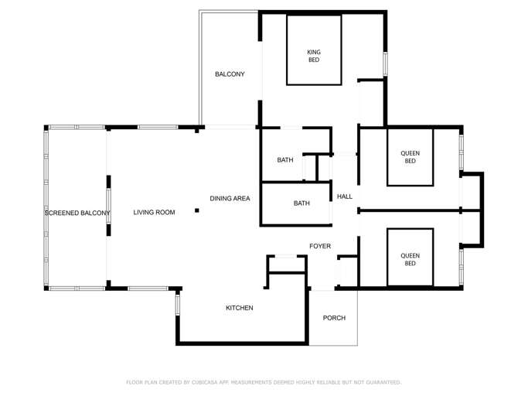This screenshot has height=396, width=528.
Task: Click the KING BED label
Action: pyautogui.click(x=314, y=56)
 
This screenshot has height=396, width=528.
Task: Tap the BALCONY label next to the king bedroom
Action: pyautogui.click(x=230, y=74)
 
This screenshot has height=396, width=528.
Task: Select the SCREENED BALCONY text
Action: pyautogui.click(x=77, y=213)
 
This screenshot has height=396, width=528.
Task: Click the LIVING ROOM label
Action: pyautogui.click(x=154, y=213)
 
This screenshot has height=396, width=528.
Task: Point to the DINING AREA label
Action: pyautogui.click(x=230, y=199)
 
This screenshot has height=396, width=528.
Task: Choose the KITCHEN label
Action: pyautogui.click(x=239, y=308)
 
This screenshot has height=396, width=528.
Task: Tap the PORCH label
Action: pyautogui.click(x=334, y=318)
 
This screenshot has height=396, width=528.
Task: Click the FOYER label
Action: pyautogui.click(x=320, y=246)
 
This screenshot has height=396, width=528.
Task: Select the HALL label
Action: pyautogui.click(x=344, y=196)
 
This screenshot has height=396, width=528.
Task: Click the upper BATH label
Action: pyautogui.click(x=285, y=160)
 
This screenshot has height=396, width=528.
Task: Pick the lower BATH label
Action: pyautogui.click(x=301, y=203)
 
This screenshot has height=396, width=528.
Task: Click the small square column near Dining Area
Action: pyautogui.click(x=196, y=210)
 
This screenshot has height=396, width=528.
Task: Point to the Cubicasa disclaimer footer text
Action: pyautogui.click(x=264, y=382)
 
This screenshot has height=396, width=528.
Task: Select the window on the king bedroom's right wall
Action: pyautogui.click(x=384, y=63)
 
